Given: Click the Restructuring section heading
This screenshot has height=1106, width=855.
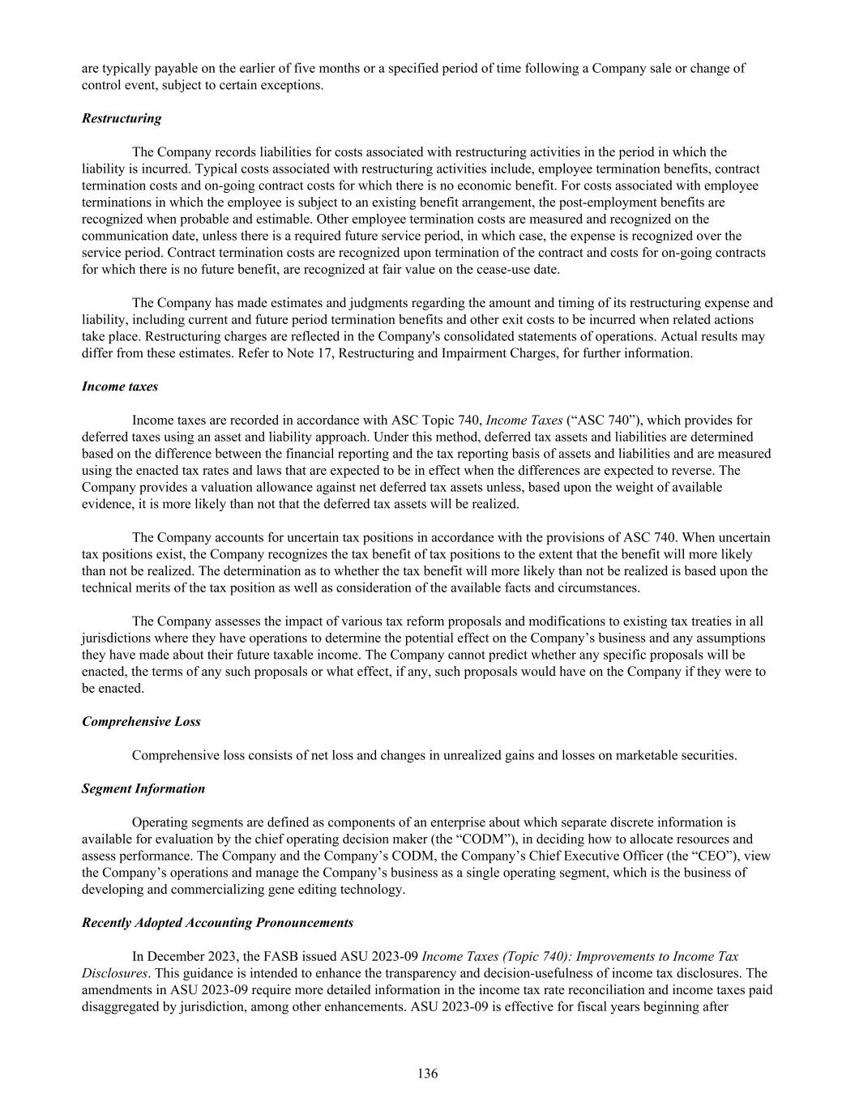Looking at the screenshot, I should [122, 118].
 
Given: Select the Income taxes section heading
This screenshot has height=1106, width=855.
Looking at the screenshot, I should [120, 386].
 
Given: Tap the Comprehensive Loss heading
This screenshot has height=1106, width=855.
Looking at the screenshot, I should [141, 721].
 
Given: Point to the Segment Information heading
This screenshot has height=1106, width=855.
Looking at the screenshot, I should [143, 788].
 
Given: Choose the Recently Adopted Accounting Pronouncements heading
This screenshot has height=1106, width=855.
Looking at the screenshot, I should [217, 922].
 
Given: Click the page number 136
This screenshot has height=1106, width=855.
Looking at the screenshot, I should [427, 1074].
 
